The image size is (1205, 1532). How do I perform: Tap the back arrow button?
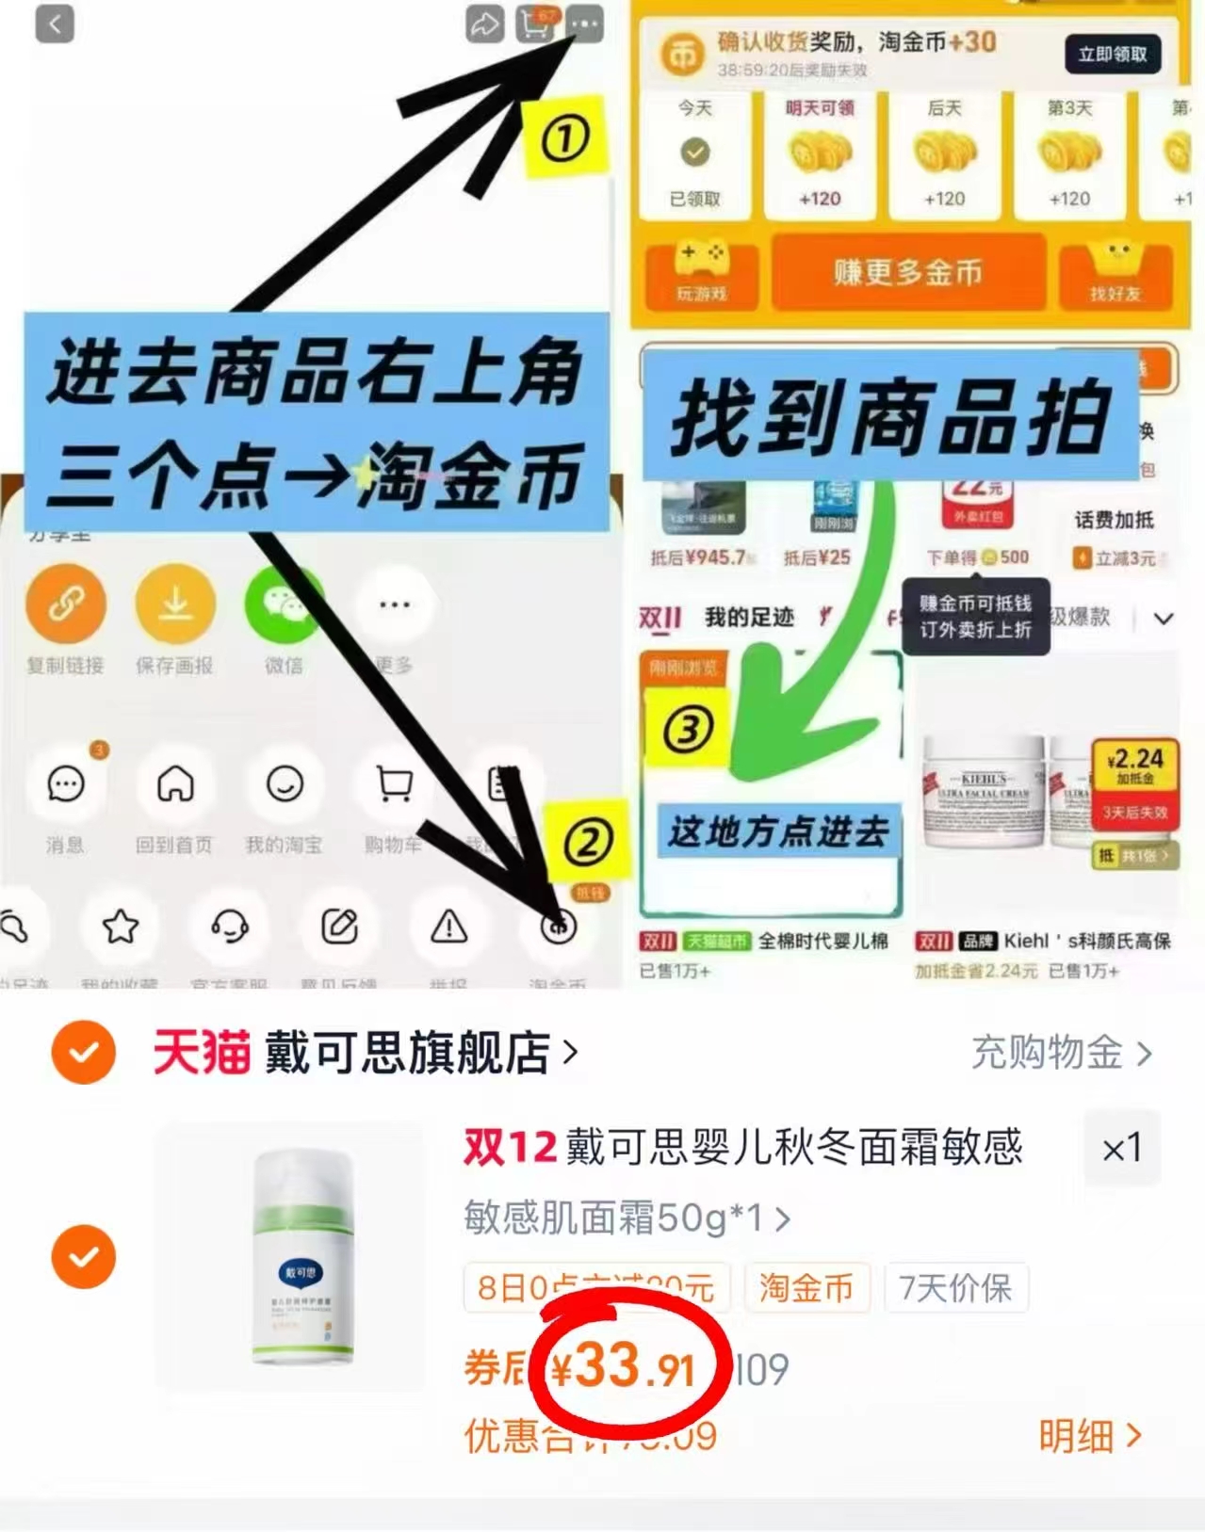(x=55, y=24)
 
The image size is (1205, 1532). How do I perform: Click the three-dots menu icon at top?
(x=585, y=24)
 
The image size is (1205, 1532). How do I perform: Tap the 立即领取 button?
(x=1113, y=55)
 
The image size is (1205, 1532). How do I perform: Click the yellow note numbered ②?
(x=588, y=841)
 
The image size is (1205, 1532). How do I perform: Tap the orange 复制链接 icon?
(x=65, y=603)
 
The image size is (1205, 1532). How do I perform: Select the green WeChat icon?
(x=284, y=603)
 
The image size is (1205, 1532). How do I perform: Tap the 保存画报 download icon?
(x=175, y=603)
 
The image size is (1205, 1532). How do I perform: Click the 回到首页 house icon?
(x=175, y=783)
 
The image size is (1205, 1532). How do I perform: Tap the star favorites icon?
(x=121, y=927)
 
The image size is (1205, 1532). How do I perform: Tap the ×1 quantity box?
(x=1121, y=1148)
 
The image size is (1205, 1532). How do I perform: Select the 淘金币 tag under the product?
(x=806, y=1287)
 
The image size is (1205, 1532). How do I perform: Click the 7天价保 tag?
(x=955, y=1287)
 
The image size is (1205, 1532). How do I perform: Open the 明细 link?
(x=1089, y=1436)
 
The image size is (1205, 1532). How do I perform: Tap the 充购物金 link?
(x=1061, y=1053)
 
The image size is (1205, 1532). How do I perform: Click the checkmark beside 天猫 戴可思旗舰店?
(x=84, y=1052)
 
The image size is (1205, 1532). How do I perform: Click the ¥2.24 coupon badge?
(x=1135, y=765)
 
